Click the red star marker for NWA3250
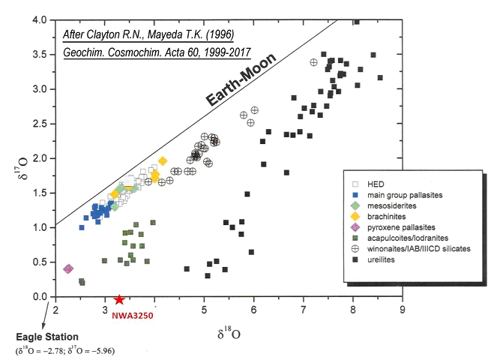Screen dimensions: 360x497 click(118, 298)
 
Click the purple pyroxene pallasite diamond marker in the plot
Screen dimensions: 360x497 click(68, 268)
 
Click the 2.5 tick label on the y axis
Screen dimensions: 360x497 click(43, 124)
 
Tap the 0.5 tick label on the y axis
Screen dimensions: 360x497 click(43, 262)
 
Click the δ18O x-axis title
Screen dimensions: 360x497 click(230, 328)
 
